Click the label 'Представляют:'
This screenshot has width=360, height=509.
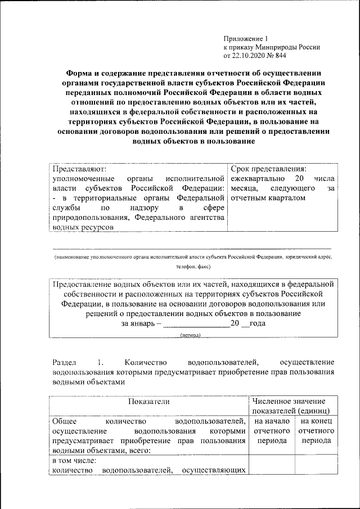tap(79, 168)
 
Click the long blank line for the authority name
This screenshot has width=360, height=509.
tap(192, 248)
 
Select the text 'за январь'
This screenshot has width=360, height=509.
tap(135, 323)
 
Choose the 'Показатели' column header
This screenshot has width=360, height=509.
tap(148, 401)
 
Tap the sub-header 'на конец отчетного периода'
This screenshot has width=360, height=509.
tap(316, 431)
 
